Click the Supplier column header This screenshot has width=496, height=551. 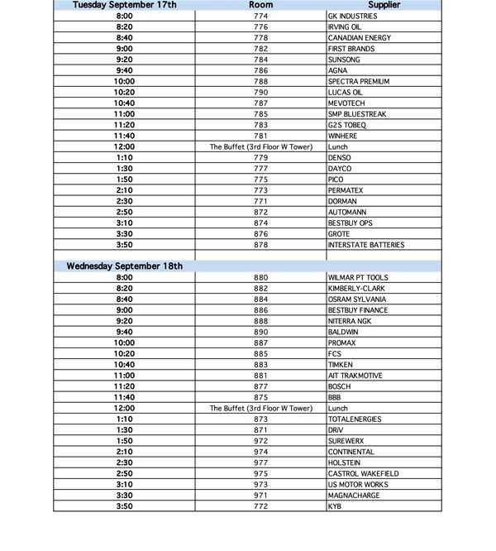click(x=384, y=5)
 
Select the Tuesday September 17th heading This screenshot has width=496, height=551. click(x=125, y=5)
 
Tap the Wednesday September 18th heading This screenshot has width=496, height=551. click(x=125, y=266)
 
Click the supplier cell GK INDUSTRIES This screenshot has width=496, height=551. click(x=352, y=16)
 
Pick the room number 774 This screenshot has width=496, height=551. click(x=260, y=16)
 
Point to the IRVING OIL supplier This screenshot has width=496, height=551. click(x=345, y=26)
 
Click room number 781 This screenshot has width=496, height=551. click(x=260, y=136)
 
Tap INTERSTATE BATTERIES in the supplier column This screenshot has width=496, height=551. click(x=366, y=245)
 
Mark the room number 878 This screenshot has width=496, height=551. click(x=260, y=245)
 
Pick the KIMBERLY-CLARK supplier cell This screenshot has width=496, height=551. click(x=356, y=288)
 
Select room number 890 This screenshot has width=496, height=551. click(x=260, y=332)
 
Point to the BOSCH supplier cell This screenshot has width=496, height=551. click(x=339, y=386)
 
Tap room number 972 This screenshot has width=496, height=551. click(x=260, y=441)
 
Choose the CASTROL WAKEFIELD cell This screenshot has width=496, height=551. click(x=363, y=474)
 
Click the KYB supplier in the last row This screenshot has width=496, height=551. click(x=335, y=506)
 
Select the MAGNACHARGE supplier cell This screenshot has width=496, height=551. click(x=355, y=496)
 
